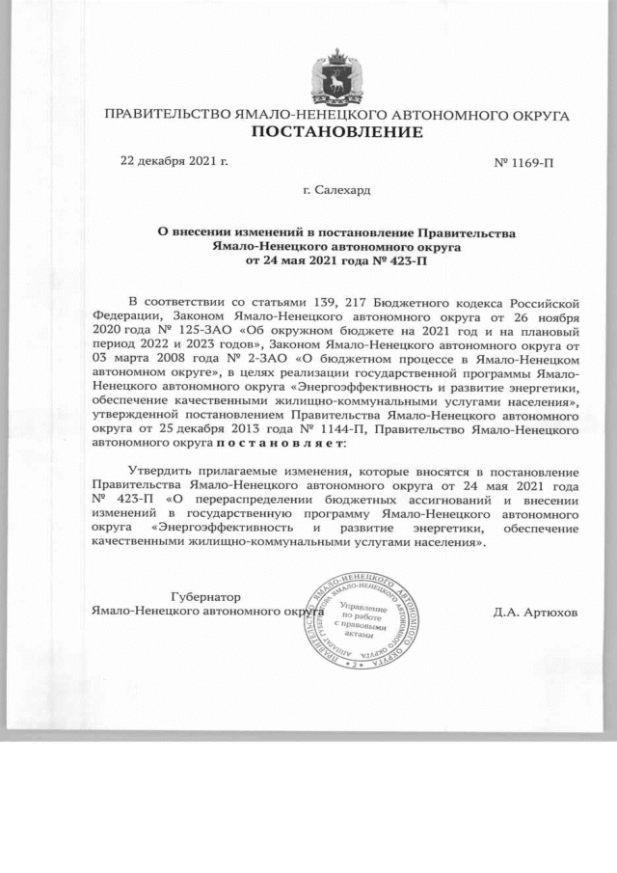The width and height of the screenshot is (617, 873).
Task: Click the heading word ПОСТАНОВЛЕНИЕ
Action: pos(336,132)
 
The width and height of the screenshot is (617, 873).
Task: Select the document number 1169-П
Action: pos(523,163)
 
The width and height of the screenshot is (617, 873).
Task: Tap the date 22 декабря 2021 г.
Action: pos(174,160)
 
